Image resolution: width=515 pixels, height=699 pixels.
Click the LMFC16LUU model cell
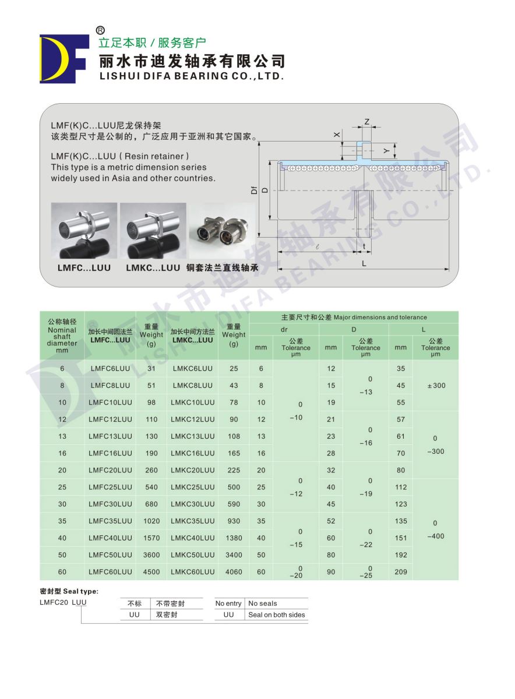tap(111, 453)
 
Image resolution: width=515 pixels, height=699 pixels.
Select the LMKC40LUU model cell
tap(193, 538)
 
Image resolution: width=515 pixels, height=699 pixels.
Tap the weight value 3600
tap(151, 555)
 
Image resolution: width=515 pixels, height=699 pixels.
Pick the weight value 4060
tap(234, 572)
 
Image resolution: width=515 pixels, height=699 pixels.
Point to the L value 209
tap(401, 572)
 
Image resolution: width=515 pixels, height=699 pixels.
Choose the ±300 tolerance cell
tap(436, 386)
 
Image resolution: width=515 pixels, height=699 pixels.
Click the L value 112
tap(401, 487)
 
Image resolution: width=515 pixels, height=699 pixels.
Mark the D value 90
tap(331, 572)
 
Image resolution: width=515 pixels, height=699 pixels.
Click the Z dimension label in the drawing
tap(366, 122)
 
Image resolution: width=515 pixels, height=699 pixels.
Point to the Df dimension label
tap(254, 190)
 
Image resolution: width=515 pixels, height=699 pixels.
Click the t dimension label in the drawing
tap(365, 246)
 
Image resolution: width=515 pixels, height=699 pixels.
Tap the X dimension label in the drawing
tap(336, 135)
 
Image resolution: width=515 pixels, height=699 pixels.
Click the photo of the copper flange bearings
tap(222, 231)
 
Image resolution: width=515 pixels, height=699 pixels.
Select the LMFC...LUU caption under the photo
tap(84, 268)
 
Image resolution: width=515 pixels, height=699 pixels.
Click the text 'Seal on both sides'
tap(277, 615)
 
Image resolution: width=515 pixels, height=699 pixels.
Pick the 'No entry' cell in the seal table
tap(228, 603)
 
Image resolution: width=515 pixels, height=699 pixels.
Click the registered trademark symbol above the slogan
tap(100, 30)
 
